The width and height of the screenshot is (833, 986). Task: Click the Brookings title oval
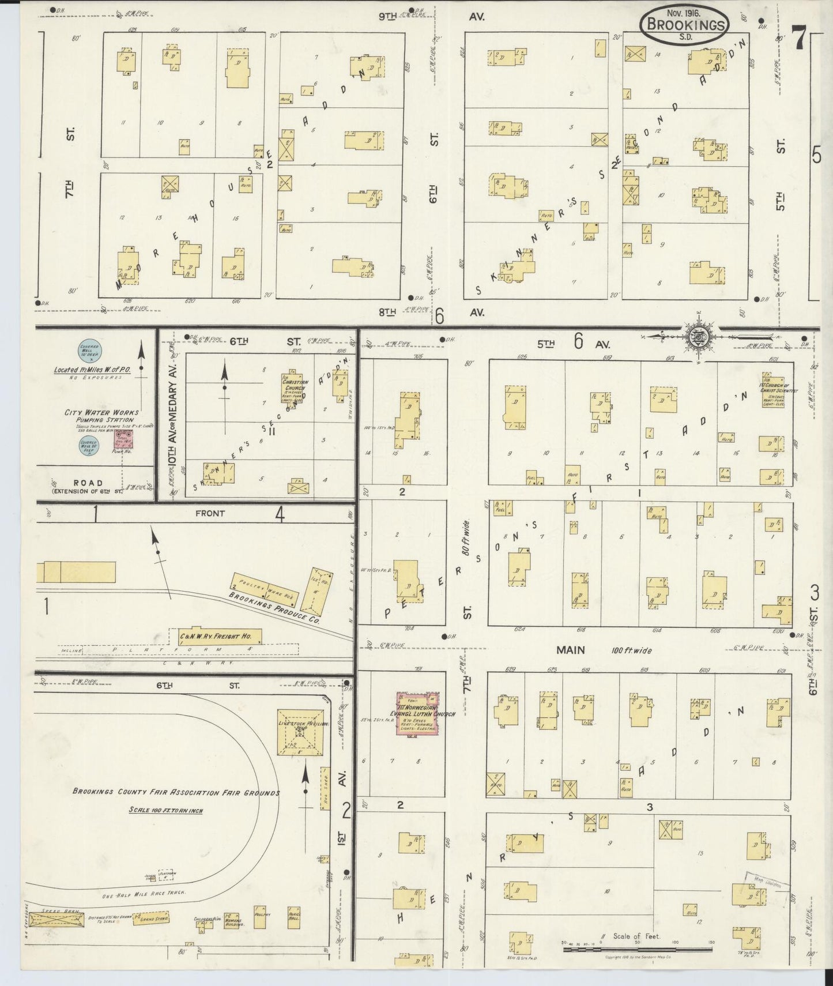pyautogui.click(x=684, y=25)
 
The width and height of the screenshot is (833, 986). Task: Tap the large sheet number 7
pyautogui.click(x=798, y=39)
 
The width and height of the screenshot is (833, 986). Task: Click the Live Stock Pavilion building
pyautogui.click(x=300, y=732)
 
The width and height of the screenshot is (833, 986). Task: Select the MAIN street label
pyautogui.click(x=571, y=650)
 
